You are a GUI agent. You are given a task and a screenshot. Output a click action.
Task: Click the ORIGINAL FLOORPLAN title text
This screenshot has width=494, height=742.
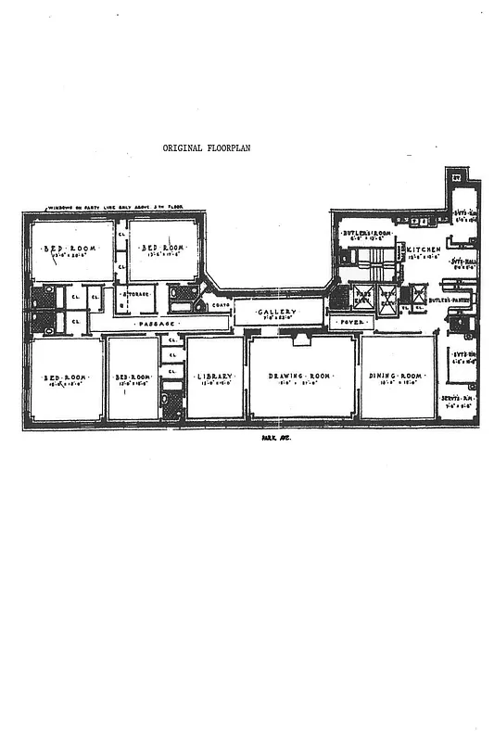[x=207, y=147]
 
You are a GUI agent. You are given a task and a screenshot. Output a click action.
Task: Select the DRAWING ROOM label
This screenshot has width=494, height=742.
[x=300, y=376]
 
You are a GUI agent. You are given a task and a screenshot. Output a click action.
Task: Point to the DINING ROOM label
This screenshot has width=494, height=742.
[x=397, y=376]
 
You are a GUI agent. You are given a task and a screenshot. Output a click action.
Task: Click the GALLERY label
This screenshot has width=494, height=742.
[x=276, y=313]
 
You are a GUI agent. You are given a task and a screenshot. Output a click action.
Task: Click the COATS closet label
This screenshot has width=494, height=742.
[x=220, y=304]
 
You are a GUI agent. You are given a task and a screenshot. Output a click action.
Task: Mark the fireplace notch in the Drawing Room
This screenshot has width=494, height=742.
[x=301, y=340]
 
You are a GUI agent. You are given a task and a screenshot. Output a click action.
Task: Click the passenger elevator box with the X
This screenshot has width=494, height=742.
[x=363, y=298]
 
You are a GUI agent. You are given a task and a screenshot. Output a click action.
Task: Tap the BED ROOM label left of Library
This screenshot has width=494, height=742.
[x=131, y=377]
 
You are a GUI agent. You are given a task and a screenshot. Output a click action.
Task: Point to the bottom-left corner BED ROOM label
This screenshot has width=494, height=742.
[x=62, y=377]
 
